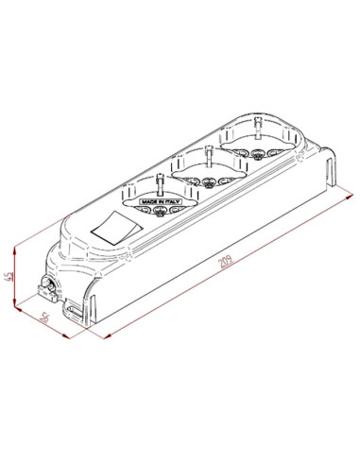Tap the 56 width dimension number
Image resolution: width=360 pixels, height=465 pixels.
tap(44, 318)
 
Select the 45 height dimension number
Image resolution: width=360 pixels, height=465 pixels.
tap(10, 276)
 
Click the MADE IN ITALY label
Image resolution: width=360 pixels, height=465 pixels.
tap(161, 201)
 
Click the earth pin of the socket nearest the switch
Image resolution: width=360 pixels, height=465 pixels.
tap(160, 182)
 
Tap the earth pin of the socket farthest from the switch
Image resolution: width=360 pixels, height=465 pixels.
tap(258, 127)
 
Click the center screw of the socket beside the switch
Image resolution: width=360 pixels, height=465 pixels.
tap(159, 212)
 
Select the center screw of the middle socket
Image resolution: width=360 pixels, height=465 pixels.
tap(208, 182)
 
